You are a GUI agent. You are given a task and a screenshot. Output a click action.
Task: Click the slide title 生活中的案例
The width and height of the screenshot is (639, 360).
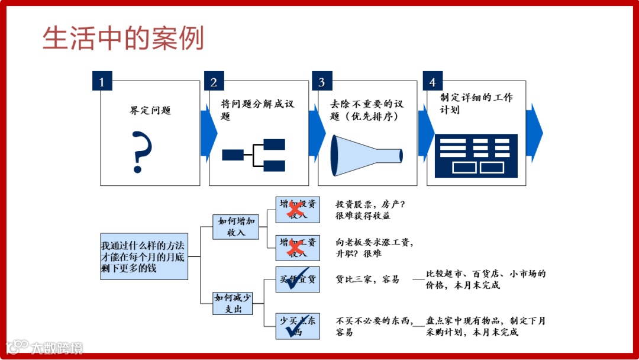point(123,38)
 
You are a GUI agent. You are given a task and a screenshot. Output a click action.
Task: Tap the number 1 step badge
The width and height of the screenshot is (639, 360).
point(102,81)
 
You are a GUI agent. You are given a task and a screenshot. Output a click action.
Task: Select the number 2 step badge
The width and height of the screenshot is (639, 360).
point(214,81)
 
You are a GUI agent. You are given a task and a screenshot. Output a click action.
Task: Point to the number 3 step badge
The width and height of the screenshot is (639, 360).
point(321,81)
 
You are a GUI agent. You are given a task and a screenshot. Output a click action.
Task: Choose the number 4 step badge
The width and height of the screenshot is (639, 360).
point(433,81)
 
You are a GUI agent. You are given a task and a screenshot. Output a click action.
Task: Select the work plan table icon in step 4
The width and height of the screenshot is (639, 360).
point(476,156)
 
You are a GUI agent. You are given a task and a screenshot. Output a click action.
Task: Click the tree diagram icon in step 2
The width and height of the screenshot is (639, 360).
point(254,156)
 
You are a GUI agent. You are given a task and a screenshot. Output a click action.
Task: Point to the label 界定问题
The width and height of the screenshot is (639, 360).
point(150,111)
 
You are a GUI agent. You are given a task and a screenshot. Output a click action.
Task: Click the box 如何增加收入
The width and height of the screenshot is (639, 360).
point(236,227)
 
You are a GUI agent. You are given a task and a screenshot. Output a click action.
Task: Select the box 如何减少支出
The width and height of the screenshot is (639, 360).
point(234,303)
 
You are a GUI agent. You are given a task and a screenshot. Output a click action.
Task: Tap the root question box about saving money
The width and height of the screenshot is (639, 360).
point(144,255)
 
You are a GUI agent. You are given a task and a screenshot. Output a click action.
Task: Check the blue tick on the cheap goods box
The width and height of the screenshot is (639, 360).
point(296,280)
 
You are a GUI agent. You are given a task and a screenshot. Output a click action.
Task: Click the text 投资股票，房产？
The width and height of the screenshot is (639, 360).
point(370,204)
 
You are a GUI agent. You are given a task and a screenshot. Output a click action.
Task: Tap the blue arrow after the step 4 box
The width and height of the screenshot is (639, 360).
point(534,133)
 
